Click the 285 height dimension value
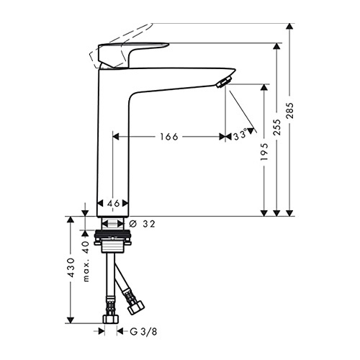click(290, 110)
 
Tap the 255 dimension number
click(277, 127)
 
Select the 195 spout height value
click(264, 152)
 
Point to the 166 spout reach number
click(169, 137)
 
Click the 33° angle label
click(240, 135)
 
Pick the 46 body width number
click(113, 204)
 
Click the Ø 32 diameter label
click(143, 224)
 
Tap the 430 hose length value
click(71, 268)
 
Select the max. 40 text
click(86, 261)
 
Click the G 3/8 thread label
click(143, 332)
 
